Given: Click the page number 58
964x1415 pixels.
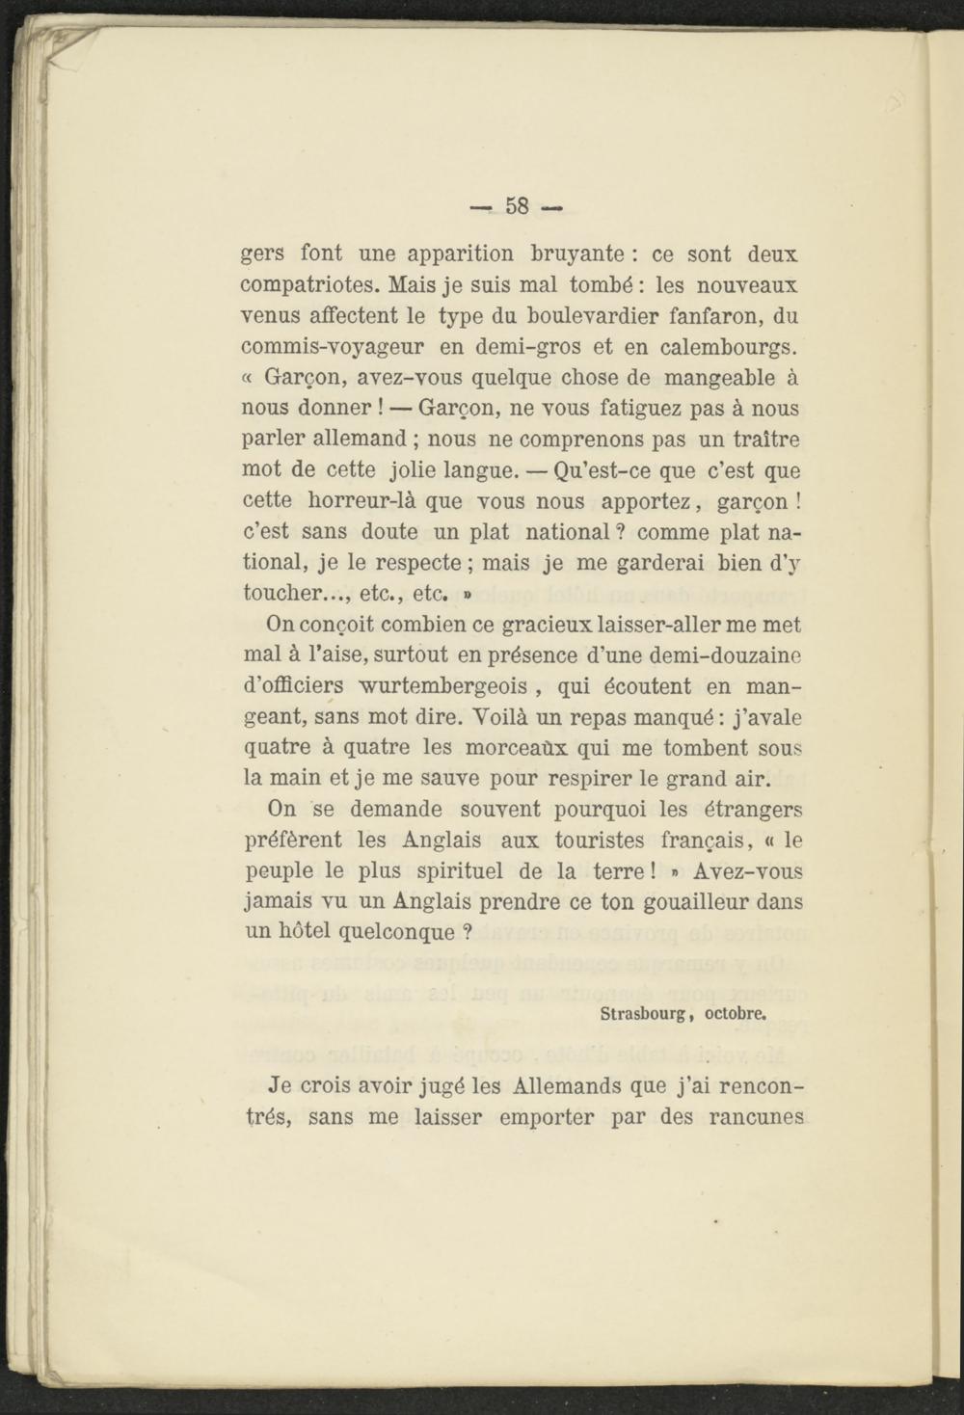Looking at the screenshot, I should point(517,206).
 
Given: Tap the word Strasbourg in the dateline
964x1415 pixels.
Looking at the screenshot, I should point(642,1013).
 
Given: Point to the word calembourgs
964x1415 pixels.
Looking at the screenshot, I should point(733,346).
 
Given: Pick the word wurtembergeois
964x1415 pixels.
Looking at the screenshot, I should point(442,686).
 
